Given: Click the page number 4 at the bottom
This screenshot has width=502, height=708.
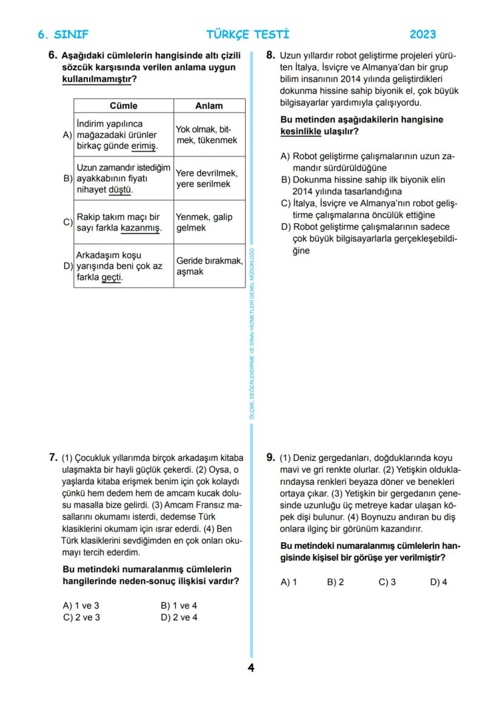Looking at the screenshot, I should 251,668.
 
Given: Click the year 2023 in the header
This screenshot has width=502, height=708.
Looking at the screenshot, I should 423,35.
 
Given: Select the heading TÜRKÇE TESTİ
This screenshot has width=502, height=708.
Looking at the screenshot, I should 248,35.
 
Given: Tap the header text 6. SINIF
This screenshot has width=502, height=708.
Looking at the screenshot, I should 63,35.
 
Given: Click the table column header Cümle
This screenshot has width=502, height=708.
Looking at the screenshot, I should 124,106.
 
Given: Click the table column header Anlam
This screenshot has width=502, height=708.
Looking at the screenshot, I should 209,106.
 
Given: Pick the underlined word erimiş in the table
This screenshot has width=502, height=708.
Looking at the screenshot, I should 144,146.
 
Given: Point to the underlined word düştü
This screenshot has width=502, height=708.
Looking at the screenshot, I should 121,190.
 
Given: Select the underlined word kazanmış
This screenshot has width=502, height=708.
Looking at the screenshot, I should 141,228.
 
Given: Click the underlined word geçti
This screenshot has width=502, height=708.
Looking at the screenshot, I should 112,277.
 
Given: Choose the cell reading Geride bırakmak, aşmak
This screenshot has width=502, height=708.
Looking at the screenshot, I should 209,266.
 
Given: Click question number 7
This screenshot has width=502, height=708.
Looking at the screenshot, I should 53,457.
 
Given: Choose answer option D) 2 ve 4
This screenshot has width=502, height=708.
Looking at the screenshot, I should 179,618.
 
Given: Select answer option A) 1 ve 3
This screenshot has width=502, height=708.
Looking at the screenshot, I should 81,605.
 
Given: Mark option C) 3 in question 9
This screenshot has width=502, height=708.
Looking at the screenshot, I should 387,582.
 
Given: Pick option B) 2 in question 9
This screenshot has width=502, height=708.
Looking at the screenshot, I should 335,582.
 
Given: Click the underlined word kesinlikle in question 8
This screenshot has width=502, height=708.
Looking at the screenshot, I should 301,131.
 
